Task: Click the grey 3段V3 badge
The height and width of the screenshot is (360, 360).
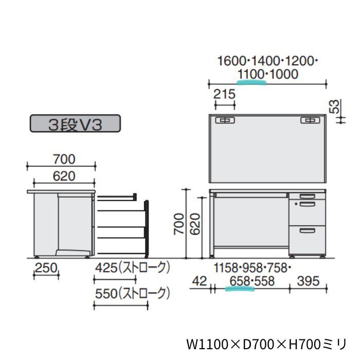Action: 75,123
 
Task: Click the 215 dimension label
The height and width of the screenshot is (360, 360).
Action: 224,94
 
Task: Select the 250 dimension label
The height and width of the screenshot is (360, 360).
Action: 46,268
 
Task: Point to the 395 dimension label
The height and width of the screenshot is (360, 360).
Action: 308,281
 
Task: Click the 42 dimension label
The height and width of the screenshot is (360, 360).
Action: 200,281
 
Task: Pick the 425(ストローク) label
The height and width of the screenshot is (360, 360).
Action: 133,268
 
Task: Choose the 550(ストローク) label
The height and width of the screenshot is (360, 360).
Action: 133,294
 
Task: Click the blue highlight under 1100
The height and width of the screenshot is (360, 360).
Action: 251,83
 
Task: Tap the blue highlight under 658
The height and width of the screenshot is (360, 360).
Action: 240,289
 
